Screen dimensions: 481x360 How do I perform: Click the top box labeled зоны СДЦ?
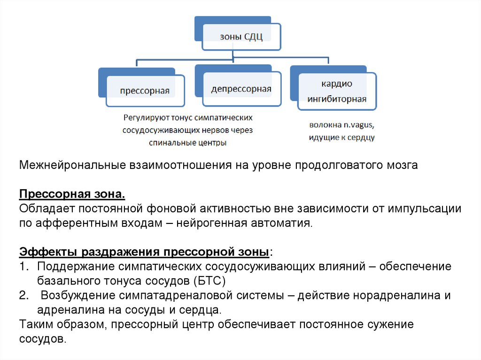(241, 37)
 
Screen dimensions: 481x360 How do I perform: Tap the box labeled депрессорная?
(241, 89)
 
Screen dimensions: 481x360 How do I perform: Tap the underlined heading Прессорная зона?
(72, 194)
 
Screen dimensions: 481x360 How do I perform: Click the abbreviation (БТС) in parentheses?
(209, 282)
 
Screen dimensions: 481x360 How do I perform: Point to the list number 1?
(24, 267)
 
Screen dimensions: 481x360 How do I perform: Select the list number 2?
(24, 296)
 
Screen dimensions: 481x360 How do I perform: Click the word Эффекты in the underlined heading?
(49, 252)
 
